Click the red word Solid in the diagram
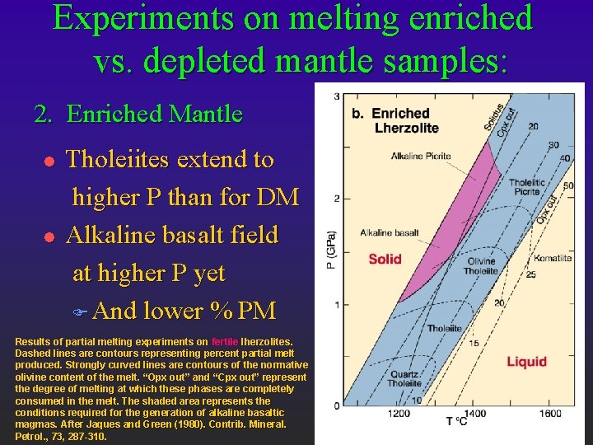(385, 259)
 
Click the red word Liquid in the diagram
(526, 362)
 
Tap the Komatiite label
(552, 258)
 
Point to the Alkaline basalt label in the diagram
(390, 232)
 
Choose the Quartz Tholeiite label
(405, 377)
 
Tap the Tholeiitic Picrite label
(526, 187)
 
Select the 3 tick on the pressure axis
(336, 97)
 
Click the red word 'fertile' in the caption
(225, 341)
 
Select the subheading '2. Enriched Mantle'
(138, 114)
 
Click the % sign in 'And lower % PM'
(220, 311)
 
